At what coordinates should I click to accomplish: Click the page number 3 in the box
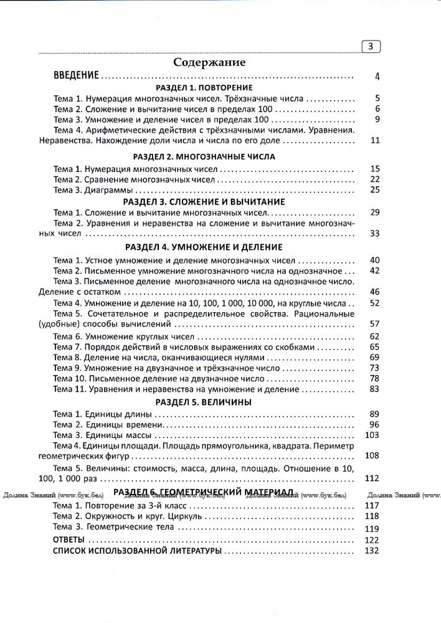(371, 46)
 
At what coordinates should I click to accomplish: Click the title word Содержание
(209, 62)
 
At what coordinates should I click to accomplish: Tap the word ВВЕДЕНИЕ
(76, 77)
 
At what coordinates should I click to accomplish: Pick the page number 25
(374, 189)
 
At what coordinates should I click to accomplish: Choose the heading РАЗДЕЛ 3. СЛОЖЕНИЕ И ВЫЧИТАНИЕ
(204, 202)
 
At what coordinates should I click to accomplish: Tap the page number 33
(374, 234)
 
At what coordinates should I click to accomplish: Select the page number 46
(374, 292)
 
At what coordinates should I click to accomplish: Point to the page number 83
(374, 389)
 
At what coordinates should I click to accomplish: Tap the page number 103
(372, 435)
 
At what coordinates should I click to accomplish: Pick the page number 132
(372, 551)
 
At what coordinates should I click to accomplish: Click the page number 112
(372, 478)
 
